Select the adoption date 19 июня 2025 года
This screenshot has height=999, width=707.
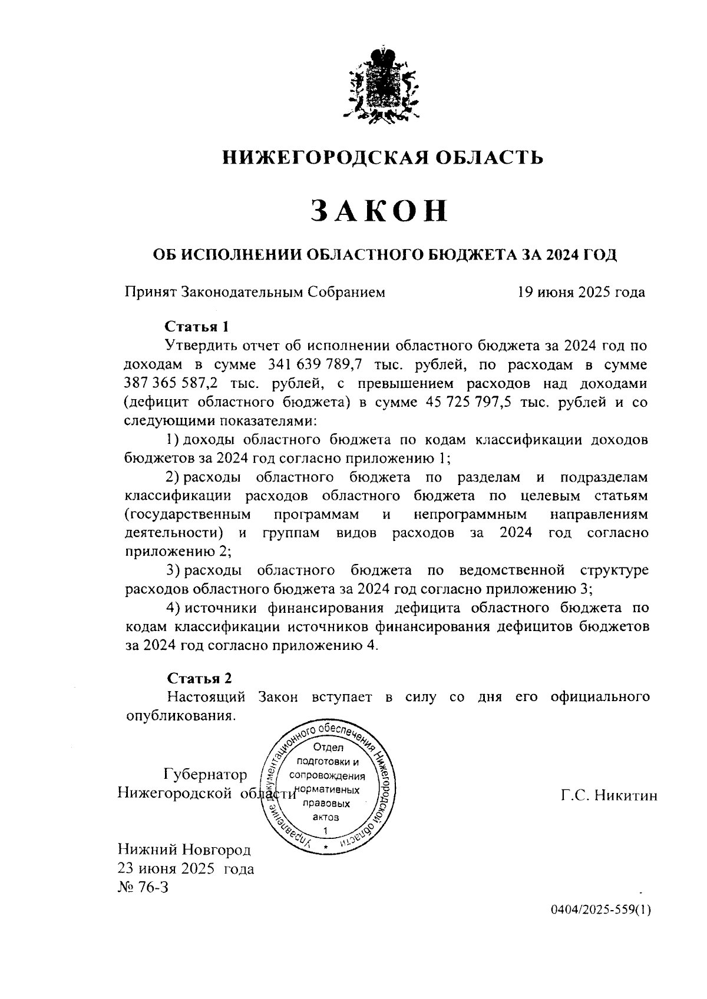(581, 291)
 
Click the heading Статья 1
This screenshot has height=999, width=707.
(196, 326)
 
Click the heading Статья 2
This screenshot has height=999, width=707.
(199, 678)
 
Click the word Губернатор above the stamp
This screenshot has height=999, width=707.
(206, 774)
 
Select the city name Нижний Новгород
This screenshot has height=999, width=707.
(184, 849)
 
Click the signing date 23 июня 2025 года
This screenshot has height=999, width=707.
(186, 868)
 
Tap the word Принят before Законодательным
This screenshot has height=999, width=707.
(150, 291)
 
